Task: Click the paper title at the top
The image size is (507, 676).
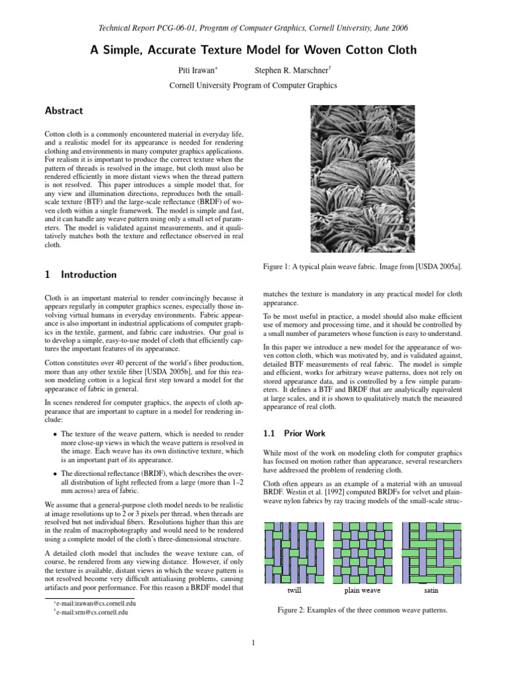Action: [x=253, y=50]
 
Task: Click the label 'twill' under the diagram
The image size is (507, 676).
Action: [x=294, y=591]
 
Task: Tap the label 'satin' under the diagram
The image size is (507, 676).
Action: [x=430, y=591]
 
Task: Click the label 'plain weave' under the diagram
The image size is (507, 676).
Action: [x=362, y=591]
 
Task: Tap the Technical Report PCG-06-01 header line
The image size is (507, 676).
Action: [x=253, y=28]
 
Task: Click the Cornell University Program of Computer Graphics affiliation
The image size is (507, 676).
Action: [x=253, y=85]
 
